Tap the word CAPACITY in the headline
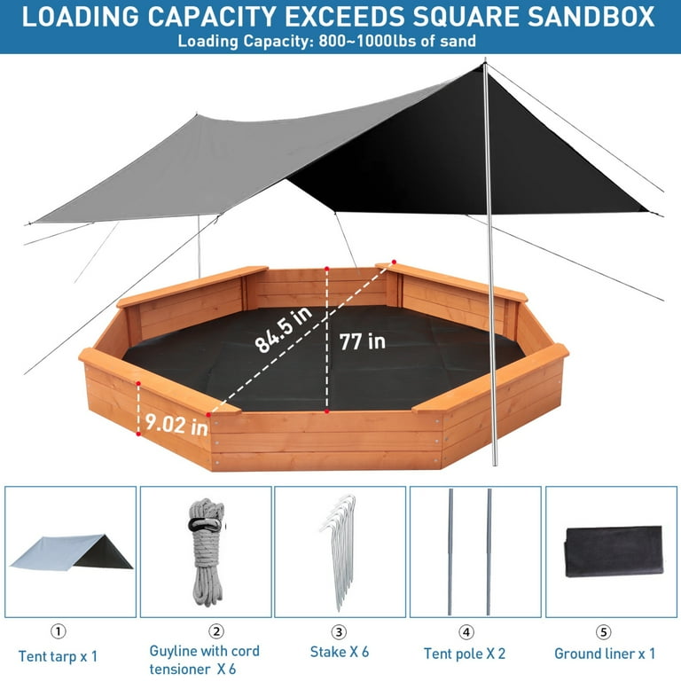click(211, 17)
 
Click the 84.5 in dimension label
click(283, 329)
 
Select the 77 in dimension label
click(362, 341)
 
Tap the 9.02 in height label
click(176, 424)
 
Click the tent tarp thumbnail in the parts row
click(71, 552)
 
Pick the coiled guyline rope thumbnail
click(207, 552)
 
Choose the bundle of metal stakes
click(340, 552)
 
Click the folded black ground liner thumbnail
click(614, 552)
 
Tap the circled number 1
click(59, 631)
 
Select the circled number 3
click(340, 632)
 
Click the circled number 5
click(603, 632)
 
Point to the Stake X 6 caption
click(340, 652)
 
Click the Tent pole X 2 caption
click(465, 654)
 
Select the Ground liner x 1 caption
click(605, 654)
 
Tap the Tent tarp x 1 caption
click(58, 656)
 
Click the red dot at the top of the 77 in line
click(326, 269)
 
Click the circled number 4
click(466, 632)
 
